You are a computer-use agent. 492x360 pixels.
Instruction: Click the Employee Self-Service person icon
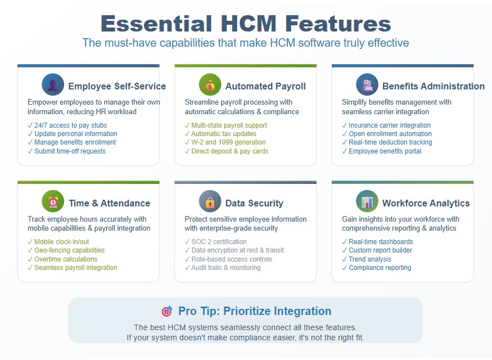point(53,84)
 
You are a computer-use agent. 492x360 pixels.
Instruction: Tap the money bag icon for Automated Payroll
point(210,84)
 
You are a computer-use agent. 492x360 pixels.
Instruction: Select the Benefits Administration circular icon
point(367,84)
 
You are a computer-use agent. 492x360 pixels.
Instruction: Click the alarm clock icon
point(53,201)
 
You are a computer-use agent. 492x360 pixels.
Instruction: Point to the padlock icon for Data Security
point(210,201)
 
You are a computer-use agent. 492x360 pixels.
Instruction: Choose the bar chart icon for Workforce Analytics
point(367,201)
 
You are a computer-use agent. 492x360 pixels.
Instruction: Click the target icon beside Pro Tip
point(167,311)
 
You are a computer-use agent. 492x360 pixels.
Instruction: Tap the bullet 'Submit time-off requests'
point(66,151)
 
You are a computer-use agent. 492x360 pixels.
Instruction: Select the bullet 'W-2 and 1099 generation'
point(225,142)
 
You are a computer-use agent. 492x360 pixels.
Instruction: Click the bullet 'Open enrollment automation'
point(387,134)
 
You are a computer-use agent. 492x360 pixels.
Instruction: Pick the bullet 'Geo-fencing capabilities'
point(66,250)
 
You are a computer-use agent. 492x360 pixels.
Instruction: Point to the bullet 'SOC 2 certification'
point(215,242)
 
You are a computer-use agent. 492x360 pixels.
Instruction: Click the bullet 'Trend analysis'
point(367,259)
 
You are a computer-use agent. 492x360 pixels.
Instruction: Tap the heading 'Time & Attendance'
point(110,203)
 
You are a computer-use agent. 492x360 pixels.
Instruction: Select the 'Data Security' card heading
point(254,203)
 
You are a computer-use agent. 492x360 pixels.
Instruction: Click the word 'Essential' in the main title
point(156,24)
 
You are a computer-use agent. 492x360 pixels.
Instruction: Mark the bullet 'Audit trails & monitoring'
point(223,268)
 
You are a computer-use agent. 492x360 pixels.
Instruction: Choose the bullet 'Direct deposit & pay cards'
point(227,151)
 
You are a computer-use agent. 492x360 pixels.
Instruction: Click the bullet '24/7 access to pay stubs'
point(67,125)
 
